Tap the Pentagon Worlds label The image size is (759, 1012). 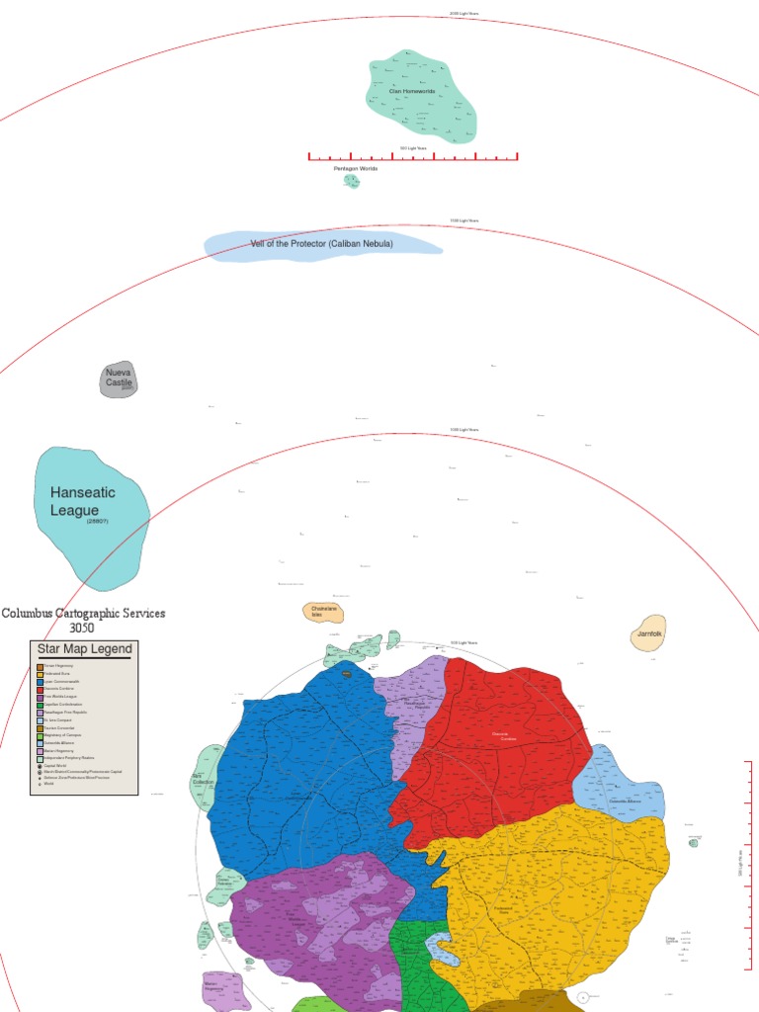tap(356, 169)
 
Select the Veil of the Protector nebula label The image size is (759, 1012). tap(322, 243)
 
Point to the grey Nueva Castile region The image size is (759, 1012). tap(119, 379)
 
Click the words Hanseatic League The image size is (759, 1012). tap(83, 501)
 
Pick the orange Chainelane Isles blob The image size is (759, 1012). tap(323, 612)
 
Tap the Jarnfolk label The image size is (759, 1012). tap(648, 633)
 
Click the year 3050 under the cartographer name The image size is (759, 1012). tap(83, 628)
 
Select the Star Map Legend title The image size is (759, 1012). tap(84, 649)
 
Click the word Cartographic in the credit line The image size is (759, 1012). tap(101, 613)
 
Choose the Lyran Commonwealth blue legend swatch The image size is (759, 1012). tap(40, 682)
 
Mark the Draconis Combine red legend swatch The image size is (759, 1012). tap(40, 689)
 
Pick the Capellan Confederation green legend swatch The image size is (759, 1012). tap(40, 705)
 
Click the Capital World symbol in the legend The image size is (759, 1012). tap(40, 766)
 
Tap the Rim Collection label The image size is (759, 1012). tap(204, 781)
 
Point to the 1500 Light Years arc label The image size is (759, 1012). tap(464, 220)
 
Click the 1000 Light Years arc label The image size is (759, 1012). tap(464, 430)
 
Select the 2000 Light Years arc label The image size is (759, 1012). tap(464, 14)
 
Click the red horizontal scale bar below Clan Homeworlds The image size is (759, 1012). tap(413, 156)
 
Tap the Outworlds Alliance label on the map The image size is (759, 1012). tap(619, 801)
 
